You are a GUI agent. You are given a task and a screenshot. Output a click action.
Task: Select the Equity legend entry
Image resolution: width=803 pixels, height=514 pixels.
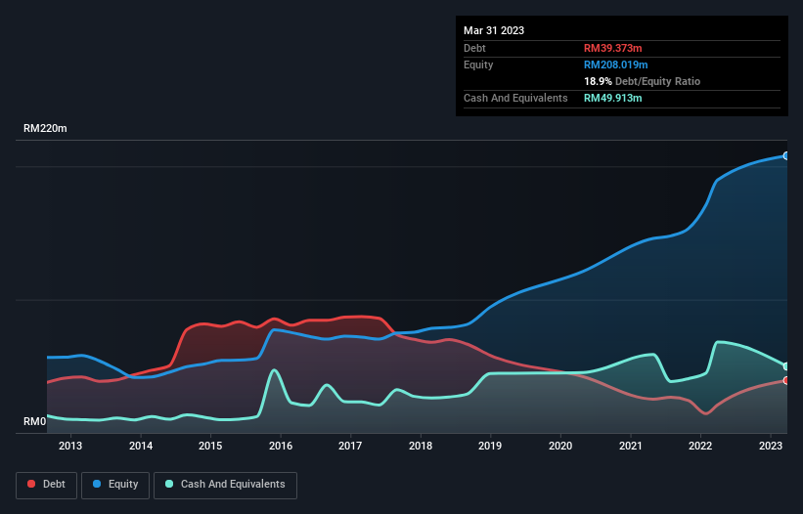116,484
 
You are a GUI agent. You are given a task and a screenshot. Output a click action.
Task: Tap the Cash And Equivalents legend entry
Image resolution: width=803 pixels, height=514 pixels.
225,484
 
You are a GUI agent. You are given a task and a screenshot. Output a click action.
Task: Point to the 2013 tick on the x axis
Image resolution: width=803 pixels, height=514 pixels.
70,447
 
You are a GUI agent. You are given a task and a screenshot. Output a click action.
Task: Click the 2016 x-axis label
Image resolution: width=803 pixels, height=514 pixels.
281,447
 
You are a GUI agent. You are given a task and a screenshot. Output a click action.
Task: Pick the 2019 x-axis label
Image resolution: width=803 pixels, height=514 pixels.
490,447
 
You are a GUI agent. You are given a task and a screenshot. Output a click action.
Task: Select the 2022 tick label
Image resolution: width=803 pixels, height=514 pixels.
700,447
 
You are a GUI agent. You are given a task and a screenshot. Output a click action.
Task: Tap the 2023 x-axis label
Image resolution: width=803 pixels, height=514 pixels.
771,447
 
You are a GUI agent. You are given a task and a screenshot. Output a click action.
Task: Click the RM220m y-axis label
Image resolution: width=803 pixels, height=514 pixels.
46,129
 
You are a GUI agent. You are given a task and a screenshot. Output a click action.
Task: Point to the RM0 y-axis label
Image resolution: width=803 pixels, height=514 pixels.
34,422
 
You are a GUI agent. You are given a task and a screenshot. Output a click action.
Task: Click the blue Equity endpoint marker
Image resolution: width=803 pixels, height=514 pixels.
786,155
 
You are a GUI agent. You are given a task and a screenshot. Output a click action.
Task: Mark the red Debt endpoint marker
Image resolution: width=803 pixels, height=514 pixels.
786,380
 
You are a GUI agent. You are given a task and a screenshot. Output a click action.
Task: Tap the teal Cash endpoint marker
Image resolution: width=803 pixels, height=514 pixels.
786,366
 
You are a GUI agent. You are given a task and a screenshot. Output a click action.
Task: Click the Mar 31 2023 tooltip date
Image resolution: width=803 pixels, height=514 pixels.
494,30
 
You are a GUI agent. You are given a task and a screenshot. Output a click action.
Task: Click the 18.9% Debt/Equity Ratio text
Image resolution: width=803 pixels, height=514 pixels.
642,81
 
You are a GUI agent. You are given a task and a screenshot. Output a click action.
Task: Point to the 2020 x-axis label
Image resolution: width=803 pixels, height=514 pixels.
560,447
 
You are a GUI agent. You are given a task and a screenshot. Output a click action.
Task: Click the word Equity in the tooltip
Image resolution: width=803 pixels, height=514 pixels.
478,64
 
